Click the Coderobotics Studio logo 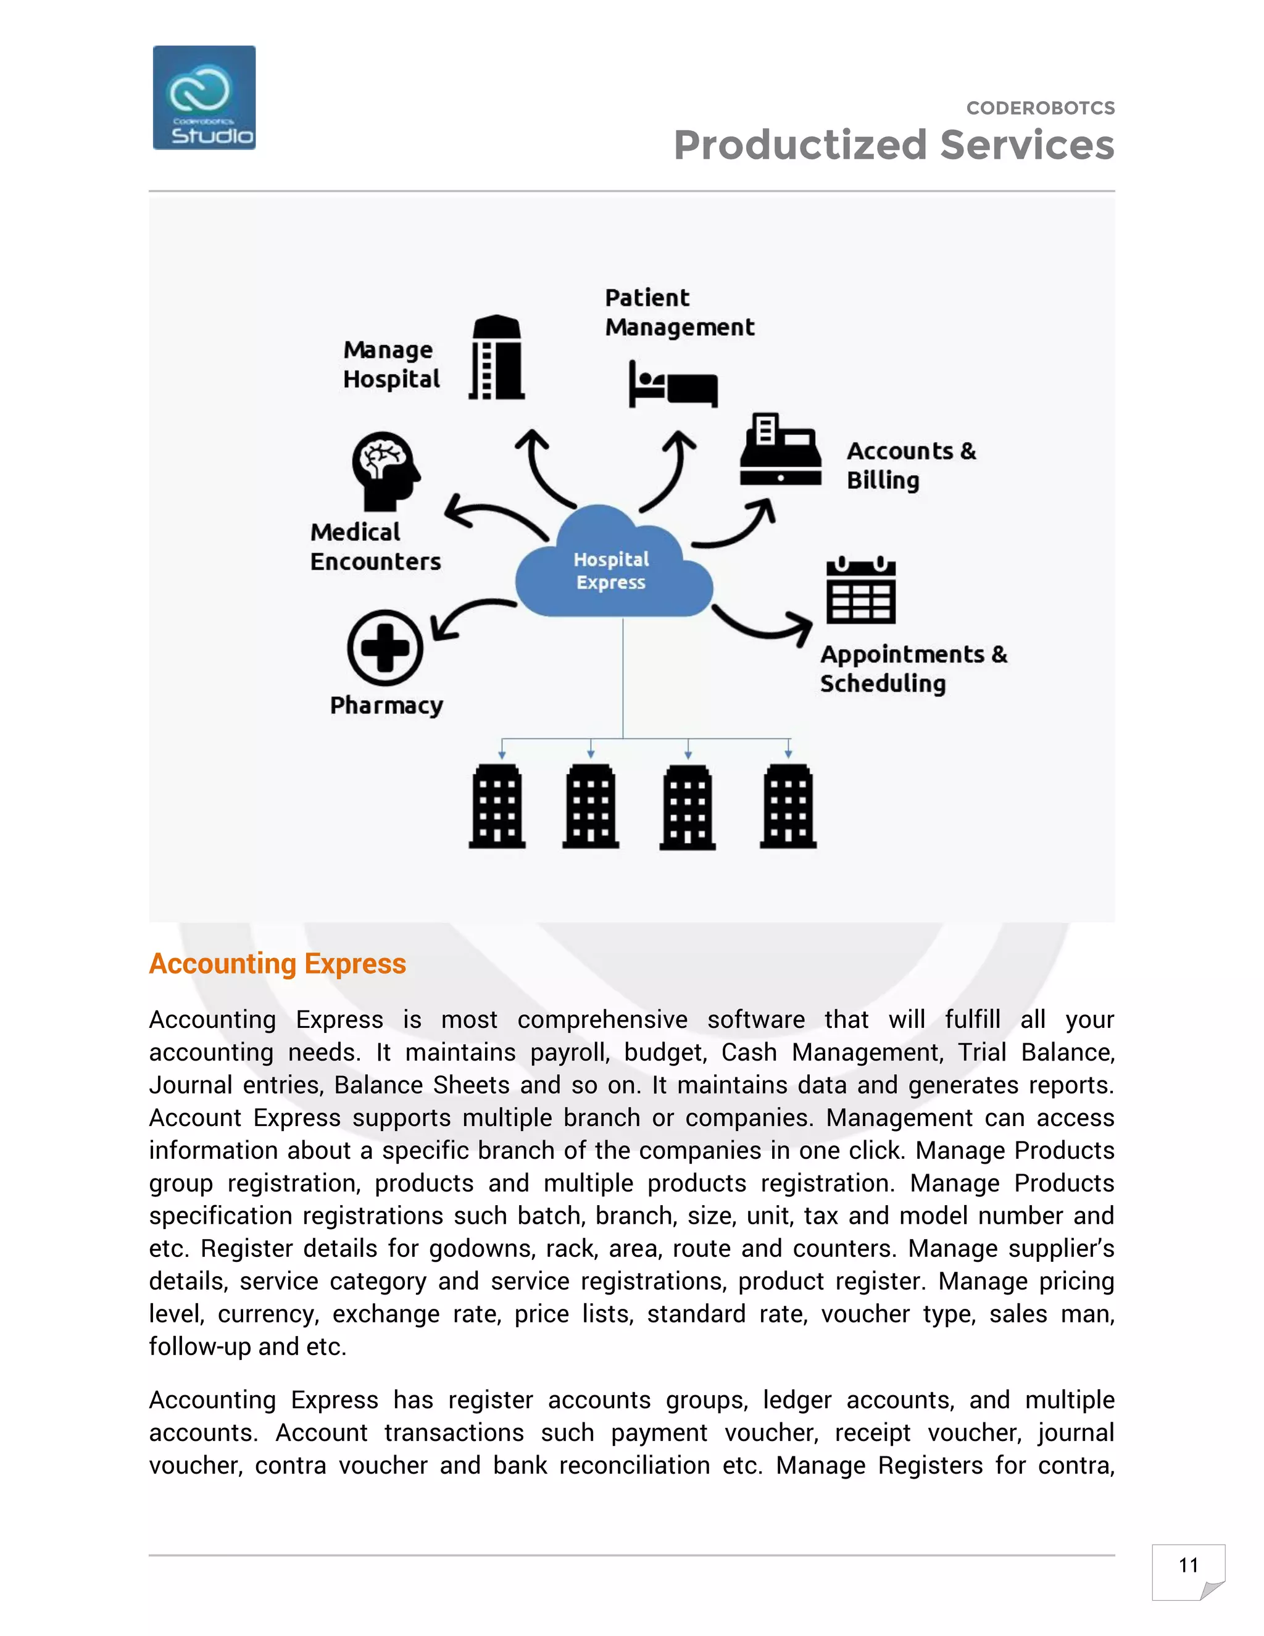coord(204,98)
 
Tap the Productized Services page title coord(893,145)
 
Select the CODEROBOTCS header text coord(1040,108)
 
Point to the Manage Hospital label coord(391,365)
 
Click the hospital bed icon coord(673,384)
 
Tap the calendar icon coord(860,591)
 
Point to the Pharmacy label coord(386,706)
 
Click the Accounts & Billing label coord(910,465)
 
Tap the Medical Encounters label coord(375,547)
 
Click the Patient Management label coord(679,312)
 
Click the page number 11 coord(1187,1565)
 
